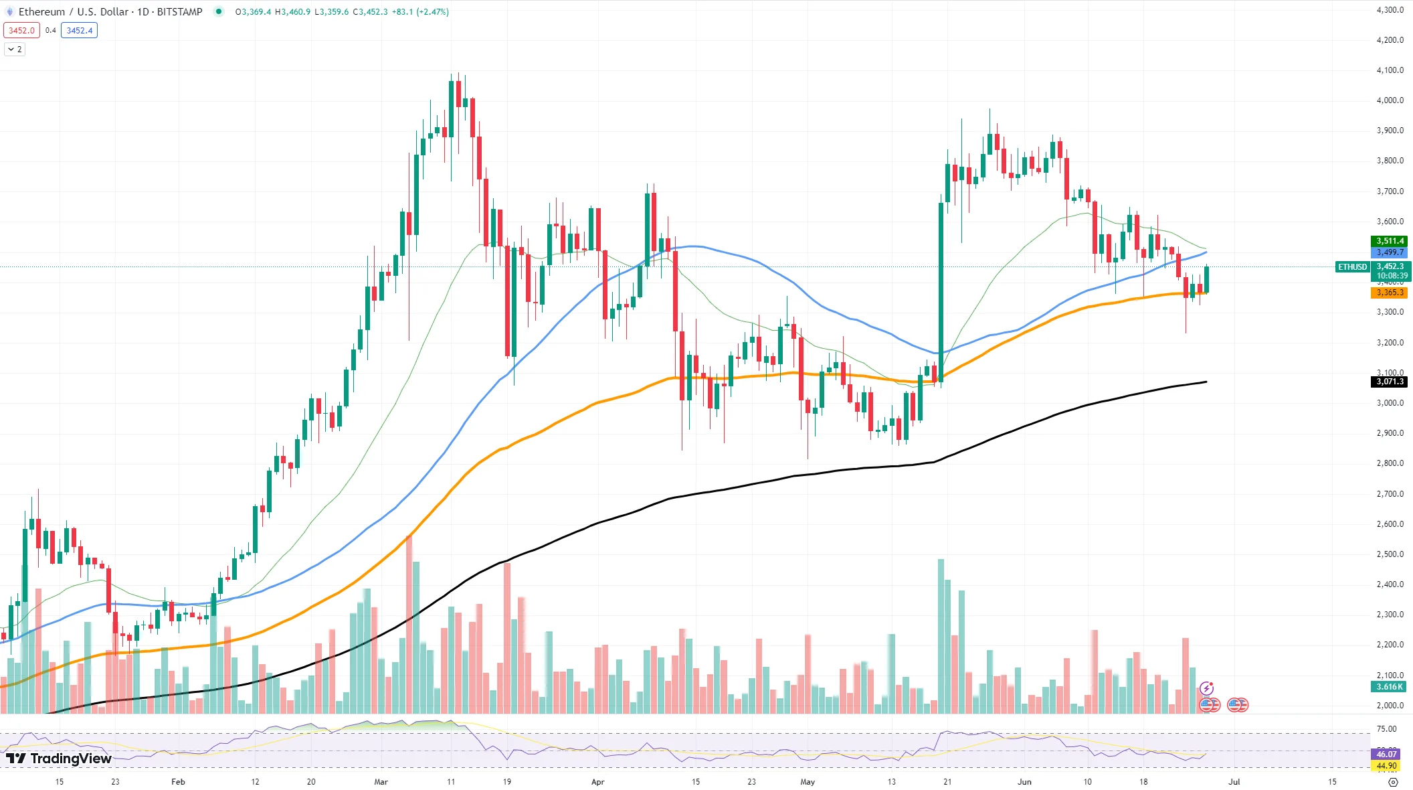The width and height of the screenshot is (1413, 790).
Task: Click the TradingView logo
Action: [59, 759]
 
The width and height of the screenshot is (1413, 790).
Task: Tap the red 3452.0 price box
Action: [21, 30]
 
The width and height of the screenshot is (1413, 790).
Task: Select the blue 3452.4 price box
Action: [79, 30]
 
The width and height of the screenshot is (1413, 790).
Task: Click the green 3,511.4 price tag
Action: [1390, 241]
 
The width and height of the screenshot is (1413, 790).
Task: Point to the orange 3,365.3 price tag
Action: [1390, 293]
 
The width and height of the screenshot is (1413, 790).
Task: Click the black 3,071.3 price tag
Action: [1390, 382]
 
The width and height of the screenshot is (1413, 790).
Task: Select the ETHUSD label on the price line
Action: [1352, 267]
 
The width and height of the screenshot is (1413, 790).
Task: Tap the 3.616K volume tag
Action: [1390, 687]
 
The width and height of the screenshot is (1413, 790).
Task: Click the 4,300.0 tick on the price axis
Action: [1390, 10]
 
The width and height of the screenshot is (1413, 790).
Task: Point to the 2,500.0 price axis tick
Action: [1390, 554]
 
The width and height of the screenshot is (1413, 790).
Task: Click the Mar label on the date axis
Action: [381, 781]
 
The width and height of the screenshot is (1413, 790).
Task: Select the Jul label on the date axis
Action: [1234, 781]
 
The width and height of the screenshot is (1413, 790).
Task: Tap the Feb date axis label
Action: [178, 781]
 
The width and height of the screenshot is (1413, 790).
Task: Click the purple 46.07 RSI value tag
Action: [1386, 755]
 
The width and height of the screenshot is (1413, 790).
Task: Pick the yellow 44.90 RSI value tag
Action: [1386, 766]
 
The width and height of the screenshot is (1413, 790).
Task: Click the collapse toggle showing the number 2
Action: [15, 50]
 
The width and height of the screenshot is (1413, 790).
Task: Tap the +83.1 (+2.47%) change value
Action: [420, 12]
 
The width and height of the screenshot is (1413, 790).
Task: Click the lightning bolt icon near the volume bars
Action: [1206, 688]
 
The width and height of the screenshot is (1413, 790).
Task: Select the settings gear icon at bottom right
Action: [1393, 782]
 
